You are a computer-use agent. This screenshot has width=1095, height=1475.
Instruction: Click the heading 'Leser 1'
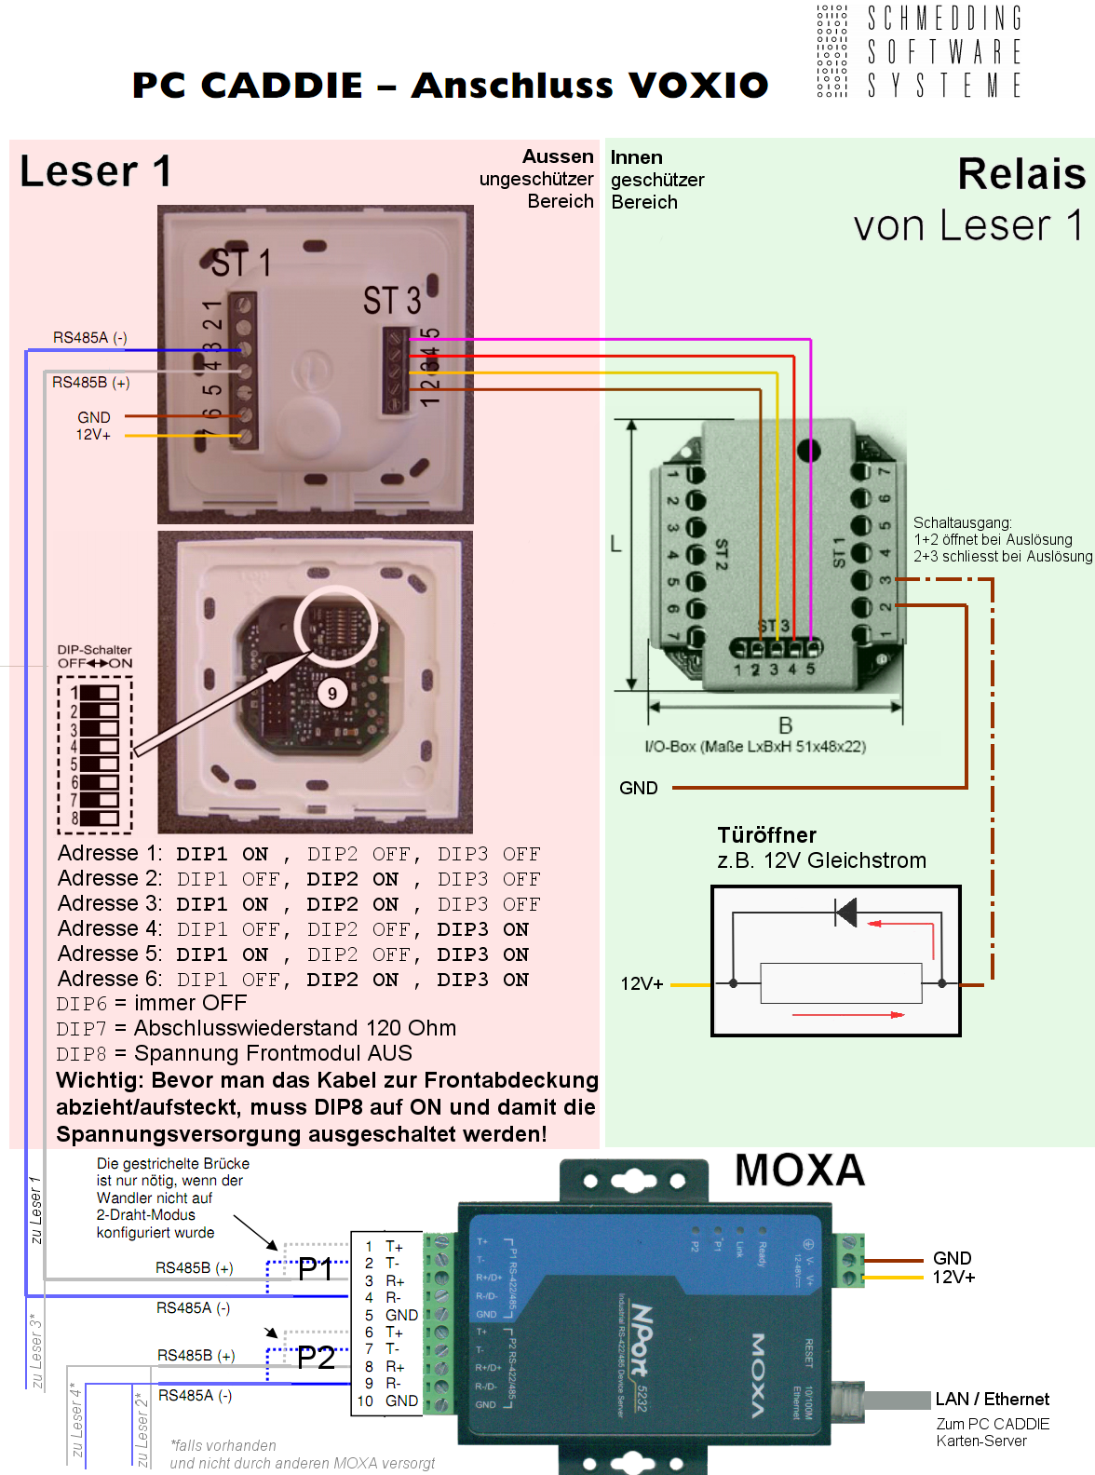95,171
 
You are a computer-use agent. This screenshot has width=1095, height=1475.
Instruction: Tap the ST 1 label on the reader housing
241,264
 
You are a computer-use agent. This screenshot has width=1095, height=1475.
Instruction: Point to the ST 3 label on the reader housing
392,301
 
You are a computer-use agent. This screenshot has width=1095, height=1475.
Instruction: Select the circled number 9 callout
332,693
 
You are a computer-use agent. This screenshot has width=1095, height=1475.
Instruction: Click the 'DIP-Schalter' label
94,650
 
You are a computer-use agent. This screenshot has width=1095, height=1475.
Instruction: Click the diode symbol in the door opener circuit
845,912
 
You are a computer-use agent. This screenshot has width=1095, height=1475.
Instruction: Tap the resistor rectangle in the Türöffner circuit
840,983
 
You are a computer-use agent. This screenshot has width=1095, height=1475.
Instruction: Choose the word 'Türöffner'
766,835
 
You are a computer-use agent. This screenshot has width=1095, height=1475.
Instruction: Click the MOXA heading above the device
800,1171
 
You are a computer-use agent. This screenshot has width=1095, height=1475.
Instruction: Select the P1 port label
316,1268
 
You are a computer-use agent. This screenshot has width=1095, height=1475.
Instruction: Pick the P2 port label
316,1358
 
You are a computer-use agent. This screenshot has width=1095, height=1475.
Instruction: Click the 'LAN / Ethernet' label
992,1399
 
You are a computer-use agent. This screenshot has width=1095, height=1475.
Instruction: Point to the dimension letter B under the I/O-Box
785,725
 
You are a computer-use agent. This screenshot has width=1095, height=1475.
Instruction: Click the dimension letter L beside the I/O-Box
615,544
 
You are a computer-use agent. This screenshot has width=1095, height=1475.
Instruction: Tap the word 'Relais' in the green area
1021,174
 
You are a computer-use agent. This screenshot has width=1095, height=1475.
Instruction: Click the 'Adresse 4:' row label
109,929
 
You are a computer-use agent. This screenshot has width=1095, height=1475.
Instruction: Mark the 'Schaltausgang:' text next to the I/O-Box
962,523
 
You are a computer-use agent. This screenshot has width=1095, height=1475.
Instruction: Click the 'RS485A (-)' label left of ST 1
89,338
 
